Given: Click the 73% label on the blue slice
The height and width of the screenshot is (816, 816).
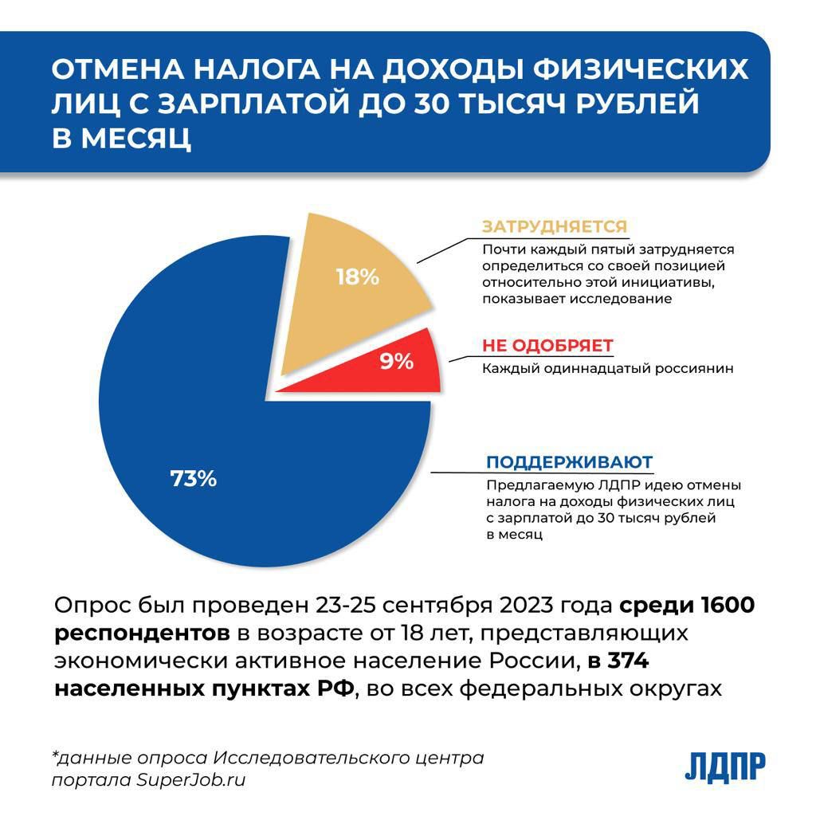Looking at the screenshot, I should pyautogui.click(x=194, y=479).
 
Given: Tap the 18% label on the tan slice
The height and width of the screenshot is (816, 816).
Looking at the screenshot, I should pyautogui.click(x=357, y=277).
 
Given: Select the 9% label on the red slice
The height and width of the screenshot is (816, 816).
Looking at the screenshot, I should pyautogui.click(x=396, y=362).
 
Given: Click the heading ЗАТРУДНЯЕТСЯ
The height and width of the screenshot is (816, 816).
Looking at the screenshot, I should pyautogui.click(x=555, y=227).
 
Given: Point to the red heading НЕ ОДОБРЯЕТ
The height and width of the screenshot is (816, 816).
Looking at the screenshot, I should pyautogui.click(x=547, y=346).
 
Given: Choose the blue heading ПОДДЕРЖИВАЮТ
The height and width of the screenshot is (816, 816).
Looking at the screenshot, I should pyautogui.click(x=570, y=463).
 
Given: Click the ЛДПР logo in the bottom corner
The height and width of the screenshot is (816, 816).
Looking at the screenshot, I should pyautogui.click(x=725, y=767).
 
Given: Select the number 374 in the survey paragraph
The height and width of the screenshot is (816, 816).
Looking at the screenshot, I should pyautogui.click(x=634, y=661).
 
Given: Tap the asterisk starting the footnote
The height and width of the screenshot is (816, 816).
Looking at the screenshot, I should pyautogui.click(x=56, y=755).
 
